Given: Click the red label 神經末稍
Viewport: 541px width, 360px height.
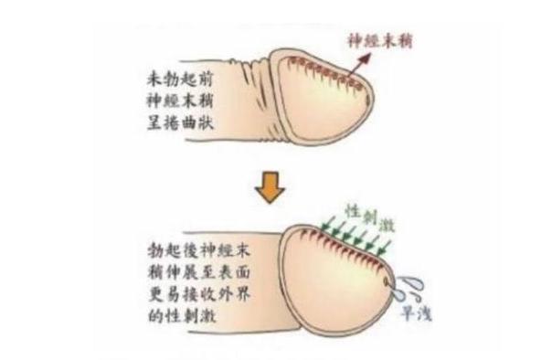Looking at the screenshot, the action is pos(379,41).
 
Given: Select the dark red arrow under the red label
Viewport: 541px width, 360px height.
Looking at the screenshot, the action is pos(359,65).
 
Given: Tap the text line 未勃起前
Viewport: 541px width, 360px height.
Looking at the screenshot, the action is pos(179,79).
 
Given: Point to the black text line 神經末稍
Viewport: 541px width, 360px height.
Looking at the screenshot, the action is pos(179,101).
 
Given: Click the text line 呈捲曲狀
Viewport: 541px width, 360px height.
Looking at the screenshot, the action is pos(180,122).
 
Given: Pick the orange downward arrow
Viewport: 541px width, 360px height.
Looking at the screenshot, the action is pos(270,187).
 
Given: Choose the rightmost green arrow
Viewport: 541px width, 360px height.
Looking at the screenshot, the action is pos(384,249).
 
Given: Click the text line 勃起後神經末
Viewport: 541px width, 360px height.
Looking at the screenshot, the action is pos(198,250).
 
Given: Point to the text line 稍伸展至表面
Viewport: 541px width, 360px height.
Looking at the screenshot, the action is pos(198,272).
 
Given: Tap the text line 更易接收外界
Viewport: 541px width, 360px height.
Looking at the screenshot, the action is pos(198,294).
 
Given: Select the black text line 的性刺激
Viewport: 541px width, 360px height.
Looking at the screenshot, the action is pos(182,315).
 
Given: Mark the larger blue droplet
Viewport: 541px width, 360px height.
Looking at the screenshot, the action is pos(412,283).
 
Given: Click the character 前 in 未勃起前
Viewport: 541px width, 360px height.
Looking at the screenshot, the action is pos(205,79).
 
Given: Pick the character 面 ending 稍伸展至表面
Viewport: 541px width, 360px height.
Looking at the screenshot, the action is pos(241,272).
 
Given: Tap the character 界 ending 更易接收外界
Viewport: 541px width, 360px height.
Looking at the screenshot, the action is pos(241,294).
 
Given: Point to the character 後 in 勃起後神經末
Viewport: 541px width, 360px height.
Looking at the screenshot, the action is pos(190,250).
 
